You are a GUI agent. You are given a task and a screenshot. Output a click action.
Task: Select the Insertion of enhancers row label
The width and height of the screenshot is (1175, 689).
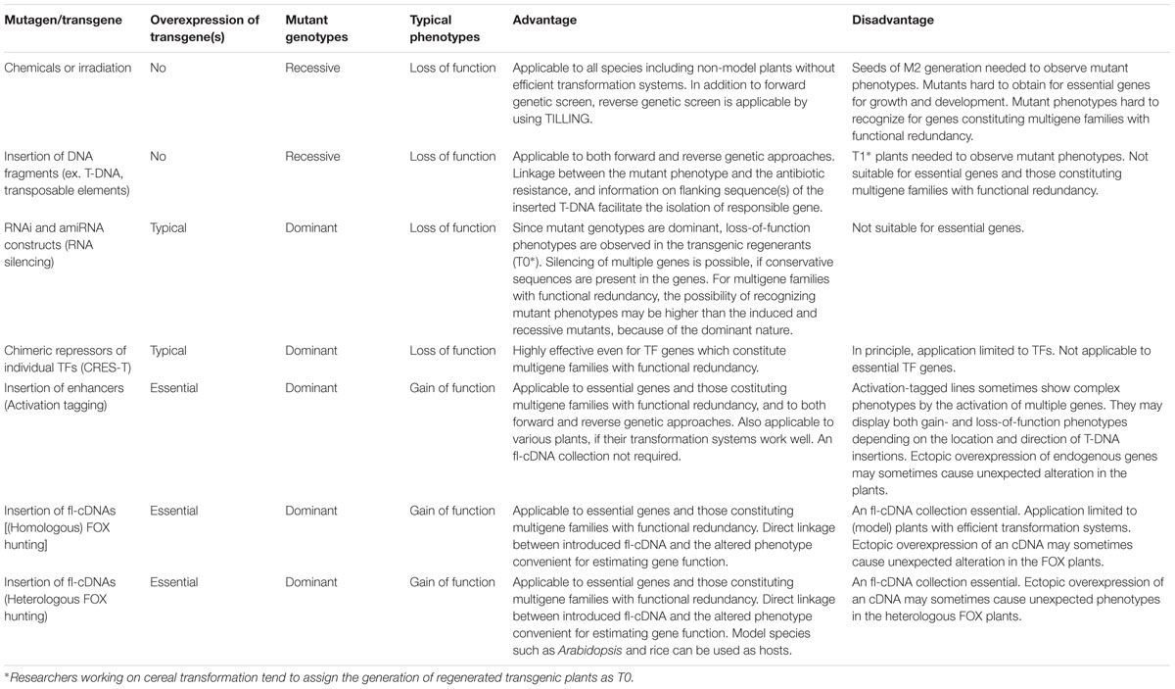click(66, 396)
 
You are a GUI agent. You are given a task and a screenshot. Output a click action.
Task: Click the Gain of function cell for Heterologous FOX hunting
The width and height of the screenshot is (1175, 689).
click(452, 582)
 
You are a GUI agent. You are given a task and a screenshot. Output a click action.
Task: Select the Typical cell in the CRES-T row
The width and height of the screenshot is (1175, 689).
click(167, 350)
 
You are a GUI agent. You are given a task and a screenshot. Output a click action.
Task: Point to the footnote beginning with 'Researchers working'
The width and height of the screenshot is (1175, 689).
click(319, 676)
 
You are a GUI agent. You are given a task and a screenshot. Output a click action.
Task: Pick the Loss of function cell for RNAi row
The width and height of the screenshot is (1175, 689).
click(452, 227)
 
